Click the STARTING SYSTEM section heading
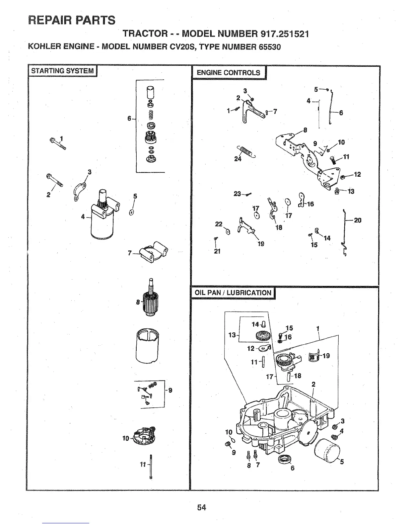click(x=62, y=71)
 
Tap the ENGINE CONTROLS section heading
click(x=229, y=73)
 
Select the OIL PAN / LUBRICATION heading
click(x=233, y=293)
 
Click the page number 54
click(x=201, y=507)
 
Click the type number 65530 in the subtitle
click(x=267, y=46)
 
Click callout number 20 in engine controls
click(x=358, y=220)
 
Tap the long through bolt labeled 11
click(x=151, y=467)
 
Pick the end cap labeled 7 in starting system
click(x=153, y=253)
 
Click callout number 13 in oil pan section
click(x=232, y=335)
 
